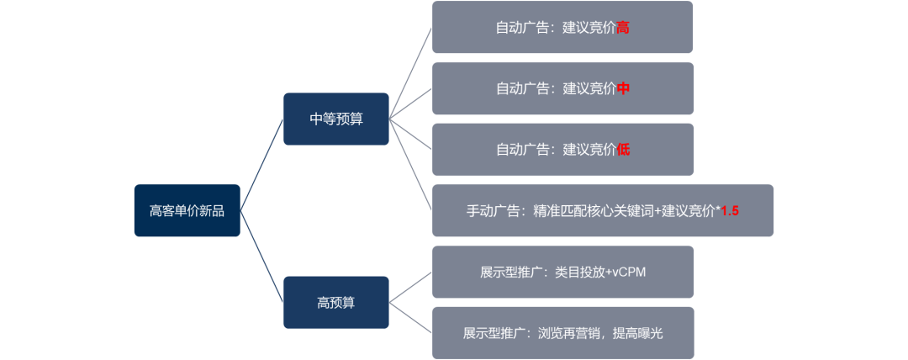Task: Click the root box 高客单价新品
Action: coord(187,210)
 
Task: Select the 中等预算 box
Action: coord(335,119)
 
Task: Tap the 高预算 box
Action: coord(335,303)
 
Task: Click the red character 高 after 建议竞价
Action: coord(623,28)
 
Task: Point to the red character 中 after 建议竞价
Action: coord(623,88)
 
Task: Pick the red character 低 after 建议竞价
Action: coord(623,150)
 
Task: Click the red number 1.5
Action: coord(730,211)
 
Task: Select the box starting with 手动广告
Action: coord(602,210)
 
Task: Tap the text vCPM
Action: coord(629,273)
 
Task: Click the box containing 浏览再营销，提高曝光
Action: coord(562,333)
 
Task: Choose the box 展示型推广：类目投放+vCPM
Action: coord(562,272)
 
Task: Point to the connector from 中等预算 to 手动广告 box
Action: coord(411,164)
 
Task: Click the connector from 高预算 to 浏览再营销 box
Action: coord(410,317)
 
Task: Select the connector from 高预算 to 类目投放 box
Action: coord(410,287)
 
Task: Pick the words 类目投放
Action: coord(580,273)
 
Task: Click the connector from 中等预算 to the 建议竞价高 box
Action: coord(411,72)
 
